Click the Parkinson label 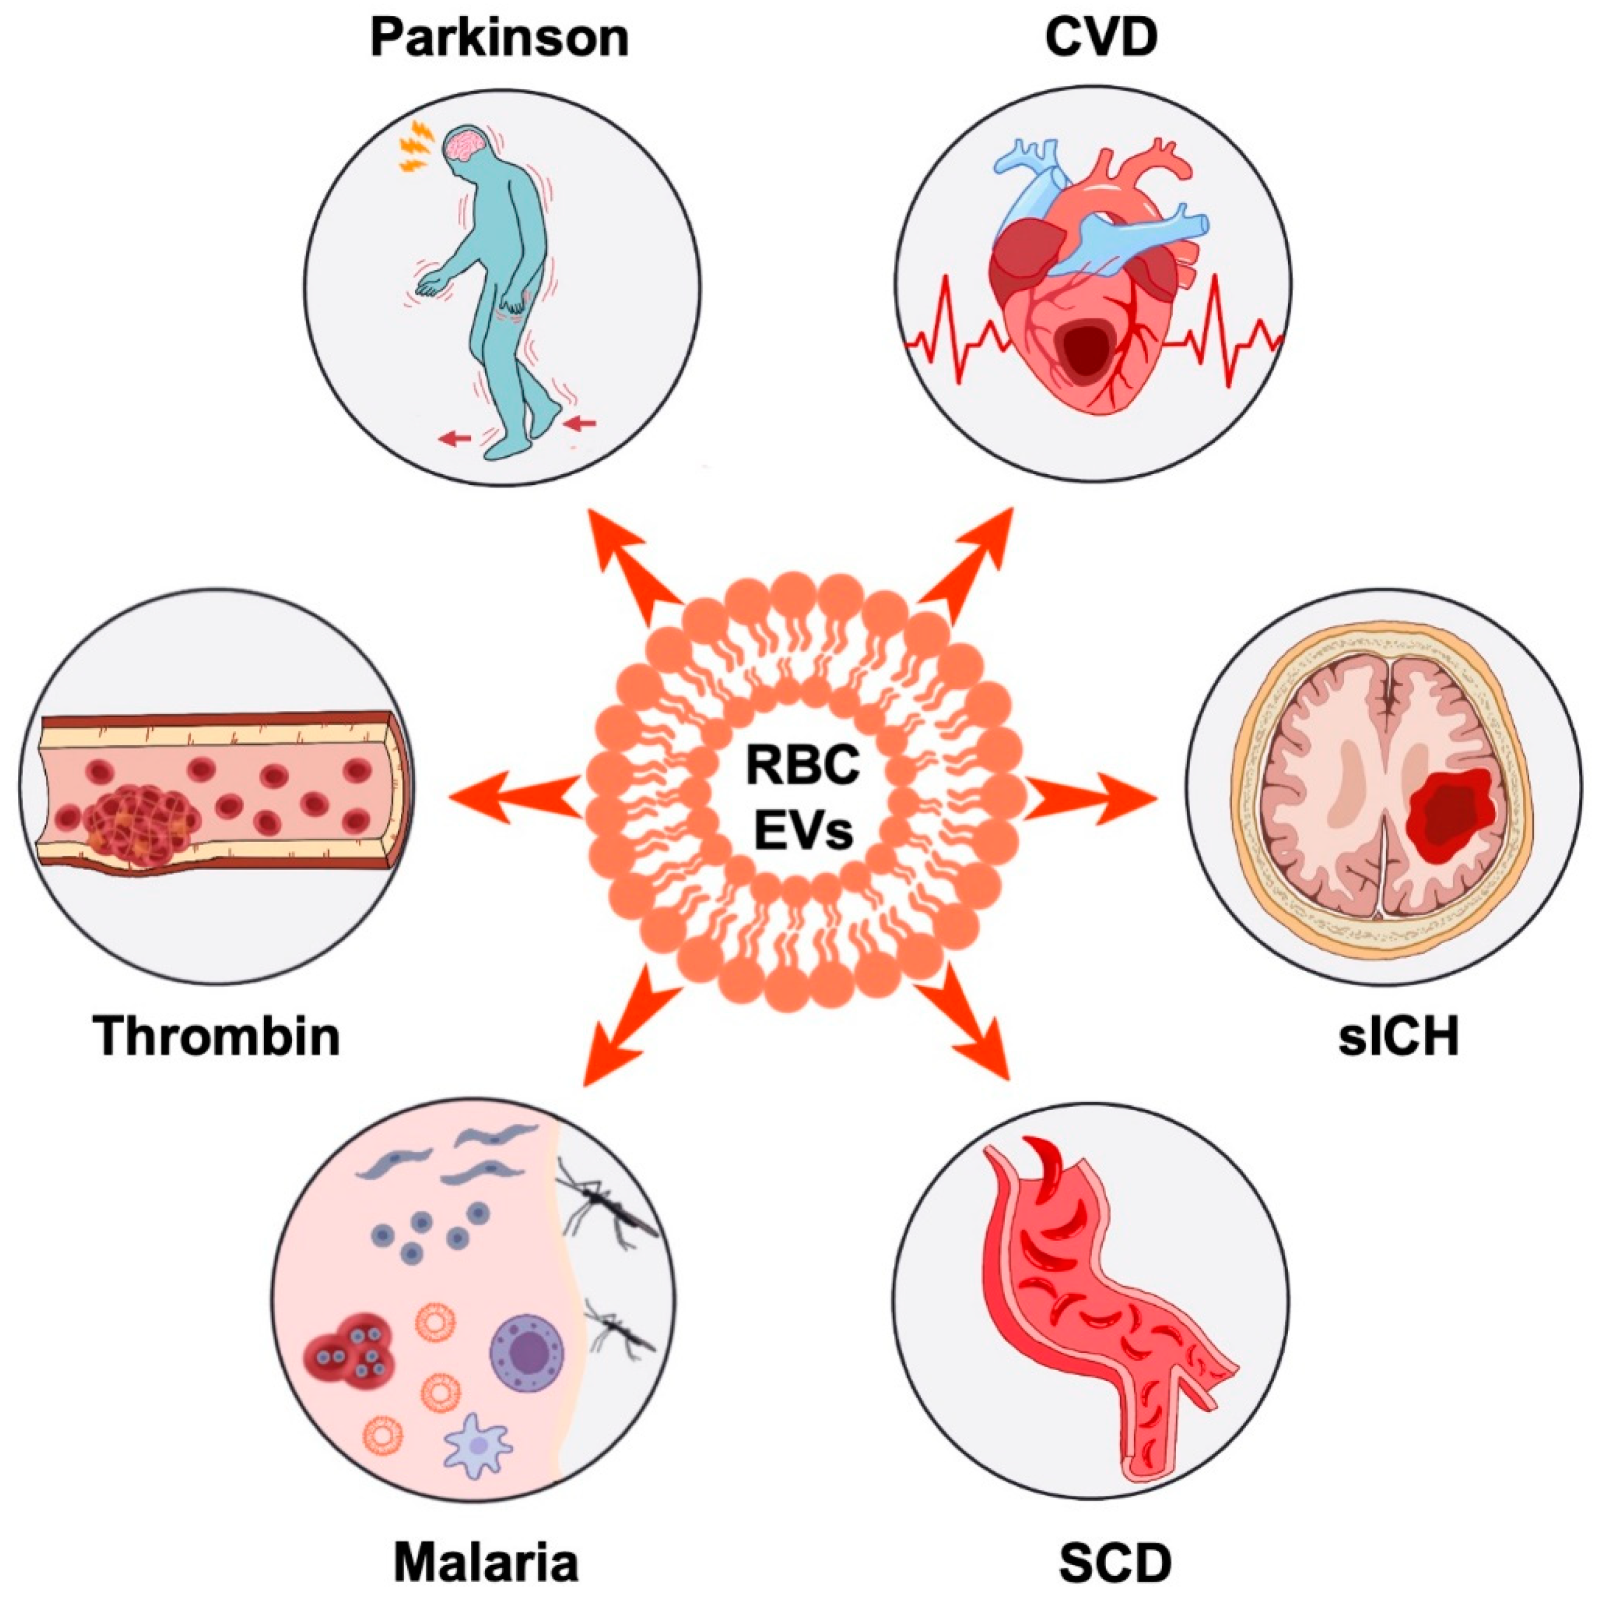tap(499, 39)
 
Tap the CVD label tap(1102, 38)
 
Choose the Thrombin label tap(217, 1035)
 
